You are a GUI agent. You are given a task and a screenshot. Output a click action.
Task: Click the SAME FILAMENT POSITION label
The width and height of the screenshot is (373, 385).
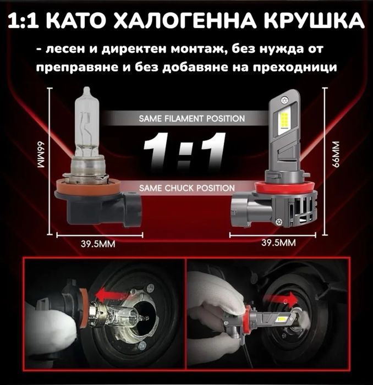192,118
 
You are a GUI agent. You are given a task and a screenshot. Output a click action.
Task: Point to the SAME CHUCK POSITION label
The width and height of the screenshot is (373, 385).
187,188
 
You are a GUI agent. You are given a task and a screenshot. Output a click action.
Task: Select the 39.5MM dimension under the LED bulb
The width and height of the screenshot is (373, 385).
279,243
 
